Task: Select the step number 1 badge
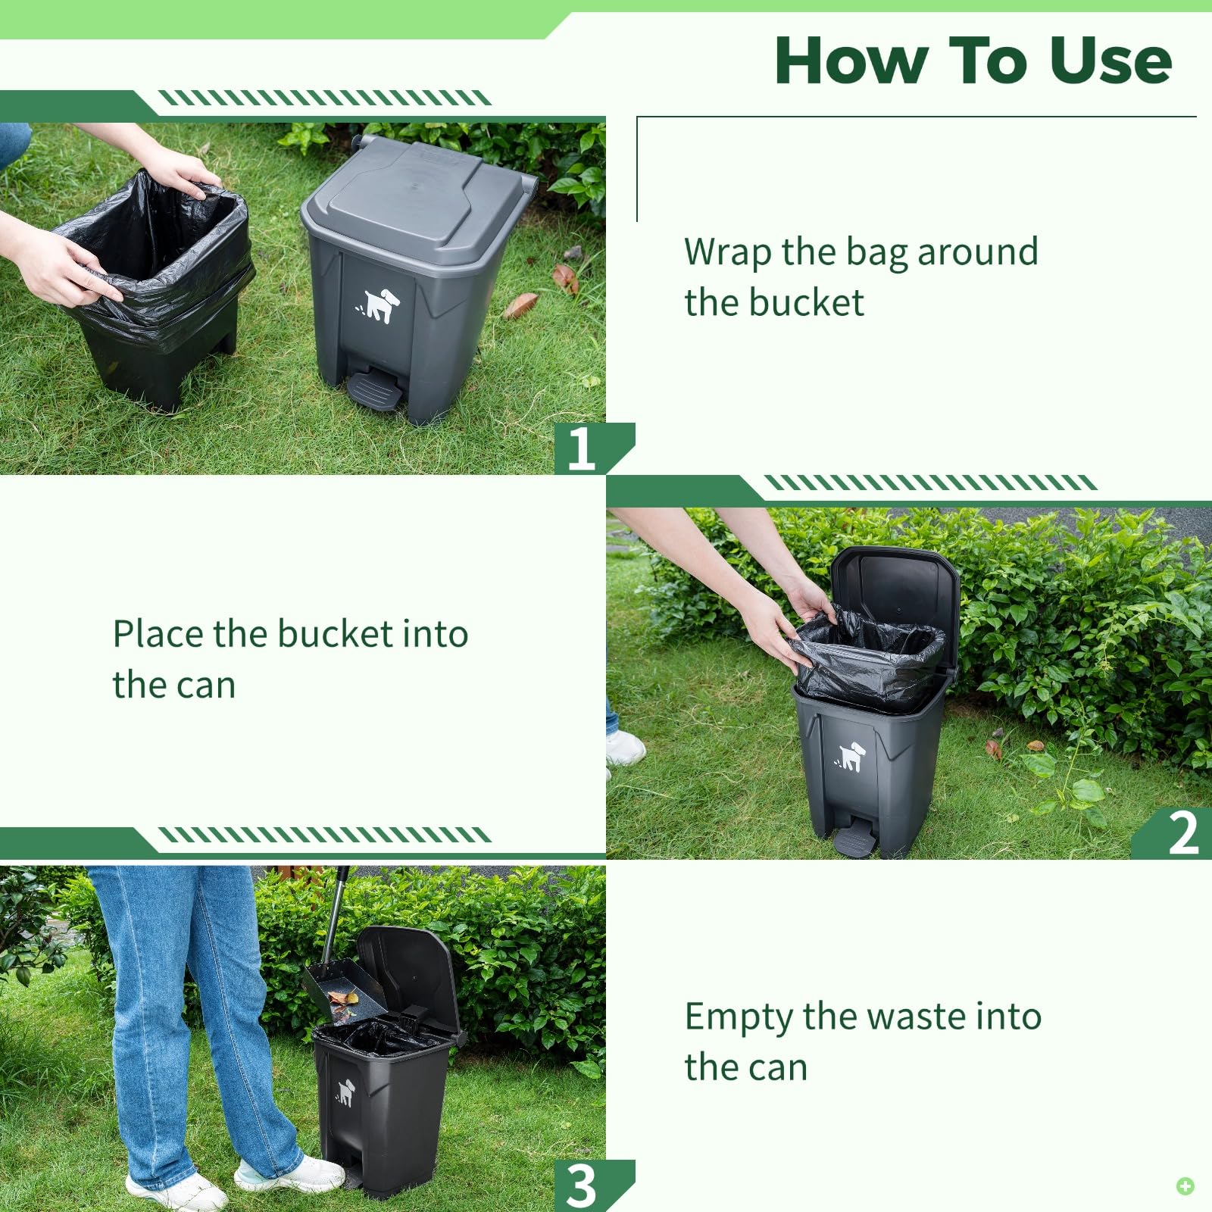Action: pyautogui.click(x=582, y=448)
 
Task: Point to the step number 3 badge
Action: pyautogui.click(x=582, y=1185)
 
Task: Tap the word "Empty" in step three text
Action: pyautogui.click(x=738, y=1017)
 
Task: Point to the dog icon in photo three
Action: pyautogui.click(x=345, y=1092)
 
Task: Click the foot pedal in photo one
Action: pyautogui.click(x=373, y=389)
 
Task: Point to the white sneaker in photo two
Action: pyautogui.click(x=625, y=747)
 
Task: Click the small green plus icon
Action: pyautogui.click(x=1185, y=1185)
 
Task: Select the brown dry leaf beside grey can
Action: pyautogui.click(x=520, y=306)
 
